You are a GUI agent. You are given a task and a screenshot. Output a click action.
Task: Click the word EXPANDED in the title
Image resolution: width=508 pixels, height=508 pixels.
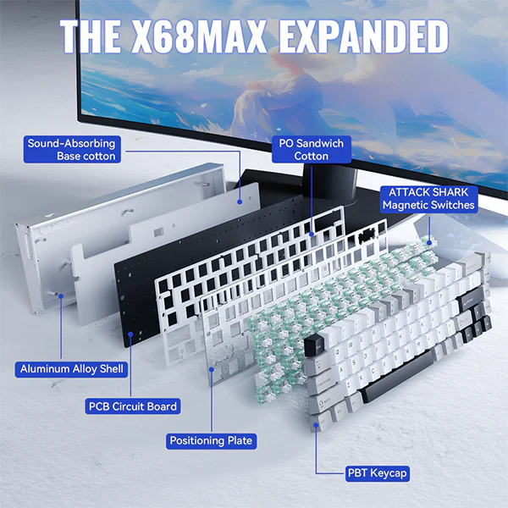[364, 36]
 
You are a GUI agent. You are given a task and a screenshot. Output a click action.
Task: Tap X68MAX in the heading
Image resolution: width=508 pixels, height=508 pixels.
[199, 36]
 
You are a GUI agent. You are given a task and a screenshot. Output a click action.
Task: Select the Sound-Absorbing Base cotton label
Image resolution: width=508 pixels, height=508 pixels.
[72, 149]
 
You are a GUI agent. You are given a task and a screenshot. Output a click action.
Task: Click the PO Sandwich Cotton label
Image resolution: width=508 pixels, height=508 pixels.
[312, 149]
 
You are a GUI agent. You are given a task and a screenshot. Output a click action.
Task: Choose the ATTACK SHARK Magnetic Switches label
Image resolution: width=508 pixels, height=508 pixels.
[428, 199]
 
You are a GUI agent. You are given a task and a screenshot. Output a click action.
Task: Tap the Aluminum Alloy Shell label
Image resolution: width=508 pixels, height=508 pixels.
[72, 369]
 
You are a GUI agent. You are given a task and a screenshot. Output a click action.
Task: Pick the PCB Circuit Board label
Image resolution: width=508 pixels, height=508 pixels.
[133, 406]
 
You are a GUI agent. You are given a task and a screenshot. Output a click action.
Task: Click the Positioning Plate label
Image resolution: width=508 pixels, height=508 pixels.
[211, 441]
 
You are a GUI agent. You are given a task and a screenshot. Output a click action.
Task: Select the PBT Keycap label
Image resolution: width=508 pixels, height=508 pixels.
[377, 473]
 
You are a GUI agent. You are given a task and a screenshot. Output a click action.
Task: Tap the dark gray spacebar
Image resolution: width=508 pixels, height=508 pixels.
[396, 377]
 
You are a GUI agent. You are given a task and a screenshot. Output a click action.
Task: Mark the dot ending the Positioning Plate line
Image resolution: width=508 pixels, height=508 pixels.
[212, 369]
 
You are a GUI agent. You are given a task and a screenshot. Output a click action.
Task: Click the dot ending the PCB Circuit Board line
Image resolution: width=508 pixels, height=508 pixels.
[130, 334]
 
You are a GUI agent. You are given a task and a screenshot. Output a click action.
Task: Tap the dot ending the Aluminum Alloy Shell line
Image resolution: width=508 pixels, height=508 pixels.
[61, 295]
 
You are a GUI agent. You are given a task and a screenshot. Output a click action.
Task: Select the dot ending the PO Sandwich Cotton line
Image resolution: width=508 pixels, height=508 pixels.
[312, 234]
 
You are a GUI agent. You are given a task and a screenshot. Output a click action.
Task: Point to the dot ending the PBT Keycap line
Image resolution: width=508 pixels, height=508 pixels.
[316, 424]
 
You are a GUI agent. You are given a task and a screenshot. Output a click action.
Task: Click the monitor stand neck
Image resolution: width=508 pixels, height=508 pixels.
[330, 184]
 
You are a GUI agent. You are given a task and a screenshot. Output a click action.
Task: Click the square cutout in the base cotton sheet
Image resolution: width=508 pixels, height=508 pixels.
[158, 232]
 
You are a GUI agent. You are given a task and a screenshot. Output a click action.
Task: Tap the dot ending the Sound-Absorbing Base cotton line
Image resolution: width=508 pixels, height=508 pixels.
[240, 202]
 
